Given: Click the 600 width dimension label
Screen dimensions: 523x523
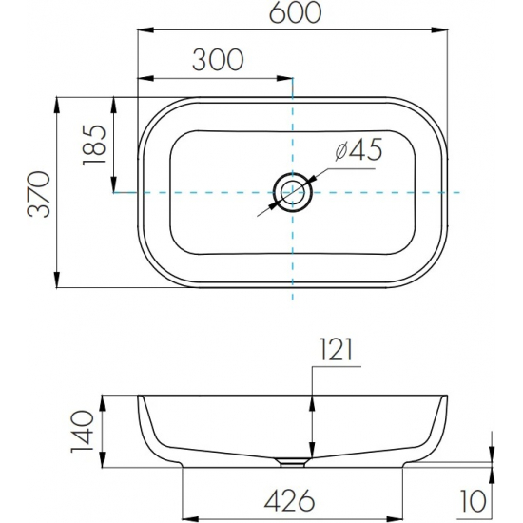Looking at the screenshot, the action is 295,12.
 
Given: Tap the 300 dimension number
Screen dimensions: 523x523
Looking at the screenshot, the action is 218,60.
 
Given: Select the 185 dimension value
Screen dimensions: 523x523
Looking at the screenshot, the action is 94,145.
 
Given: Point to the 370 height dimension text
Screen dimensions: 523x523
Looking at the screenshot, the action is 39,194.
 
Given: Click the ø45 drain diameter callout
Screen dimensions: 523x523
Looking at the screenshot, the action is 358,149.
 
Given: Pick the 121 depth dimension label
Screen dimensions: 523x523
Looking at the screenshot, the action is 336,350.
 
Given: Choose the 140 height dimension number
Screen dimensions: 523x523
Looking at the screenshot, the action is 82,432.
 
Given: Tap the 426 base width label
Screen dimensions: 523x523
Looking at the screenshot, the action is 289,500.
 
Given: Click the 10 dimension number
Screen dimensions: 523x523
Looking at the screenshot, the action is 474,500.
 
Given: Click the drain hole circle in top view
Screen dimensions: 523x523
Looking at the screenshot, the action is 293,192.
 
